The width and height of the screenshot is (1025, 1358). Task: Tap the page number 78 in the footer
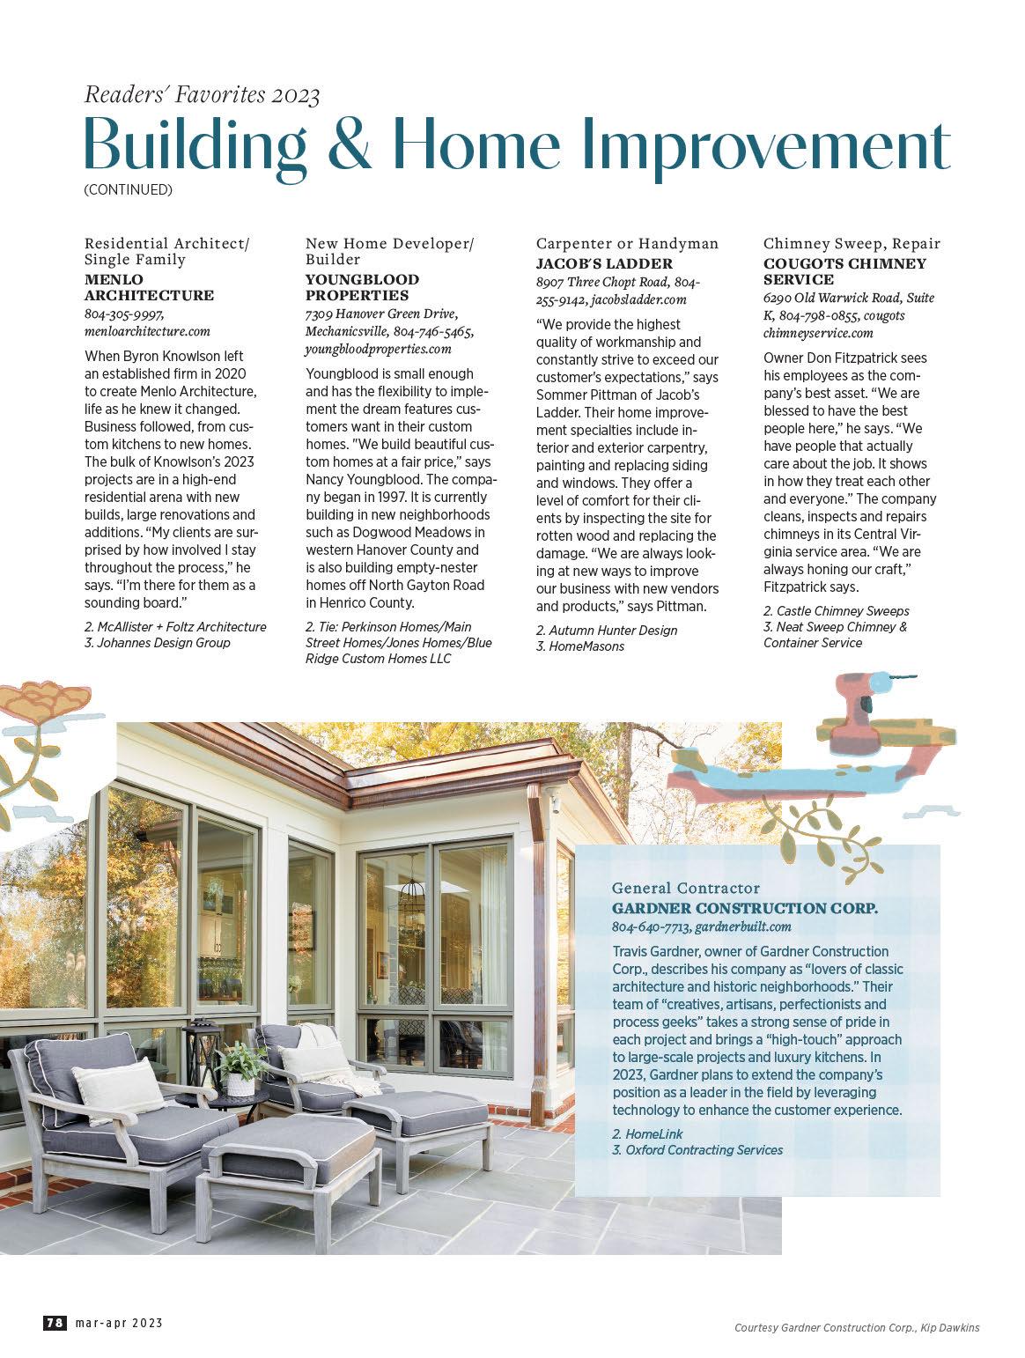(x=55, y=1323)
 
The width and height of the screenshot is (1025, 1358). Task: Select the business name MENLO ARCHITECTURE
(x=149, y=287)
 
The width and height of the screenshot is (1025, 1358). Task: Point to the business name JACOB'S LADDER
(x=604, y=263)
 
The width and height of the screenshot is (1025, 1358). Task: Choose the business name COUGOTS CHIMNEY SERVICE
(x=844, y=271)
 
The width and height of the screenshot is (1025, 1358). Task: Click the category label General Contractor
(x=685, y=889)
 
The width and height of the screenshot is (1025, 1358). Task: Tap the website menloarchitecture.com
(x=147, y=331)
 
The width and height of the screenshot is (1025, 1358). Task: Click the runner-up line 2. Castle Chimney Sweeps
(x=836, y=610)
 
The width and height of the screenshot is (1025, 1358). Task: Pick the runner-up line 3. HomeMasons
(x=579, y=646)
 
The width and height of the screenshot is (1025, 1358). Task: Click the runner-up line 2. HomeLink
(x=646, y=1133)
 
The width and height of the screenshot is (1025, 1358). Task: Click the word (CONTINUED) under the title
(x=128, y=189)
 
